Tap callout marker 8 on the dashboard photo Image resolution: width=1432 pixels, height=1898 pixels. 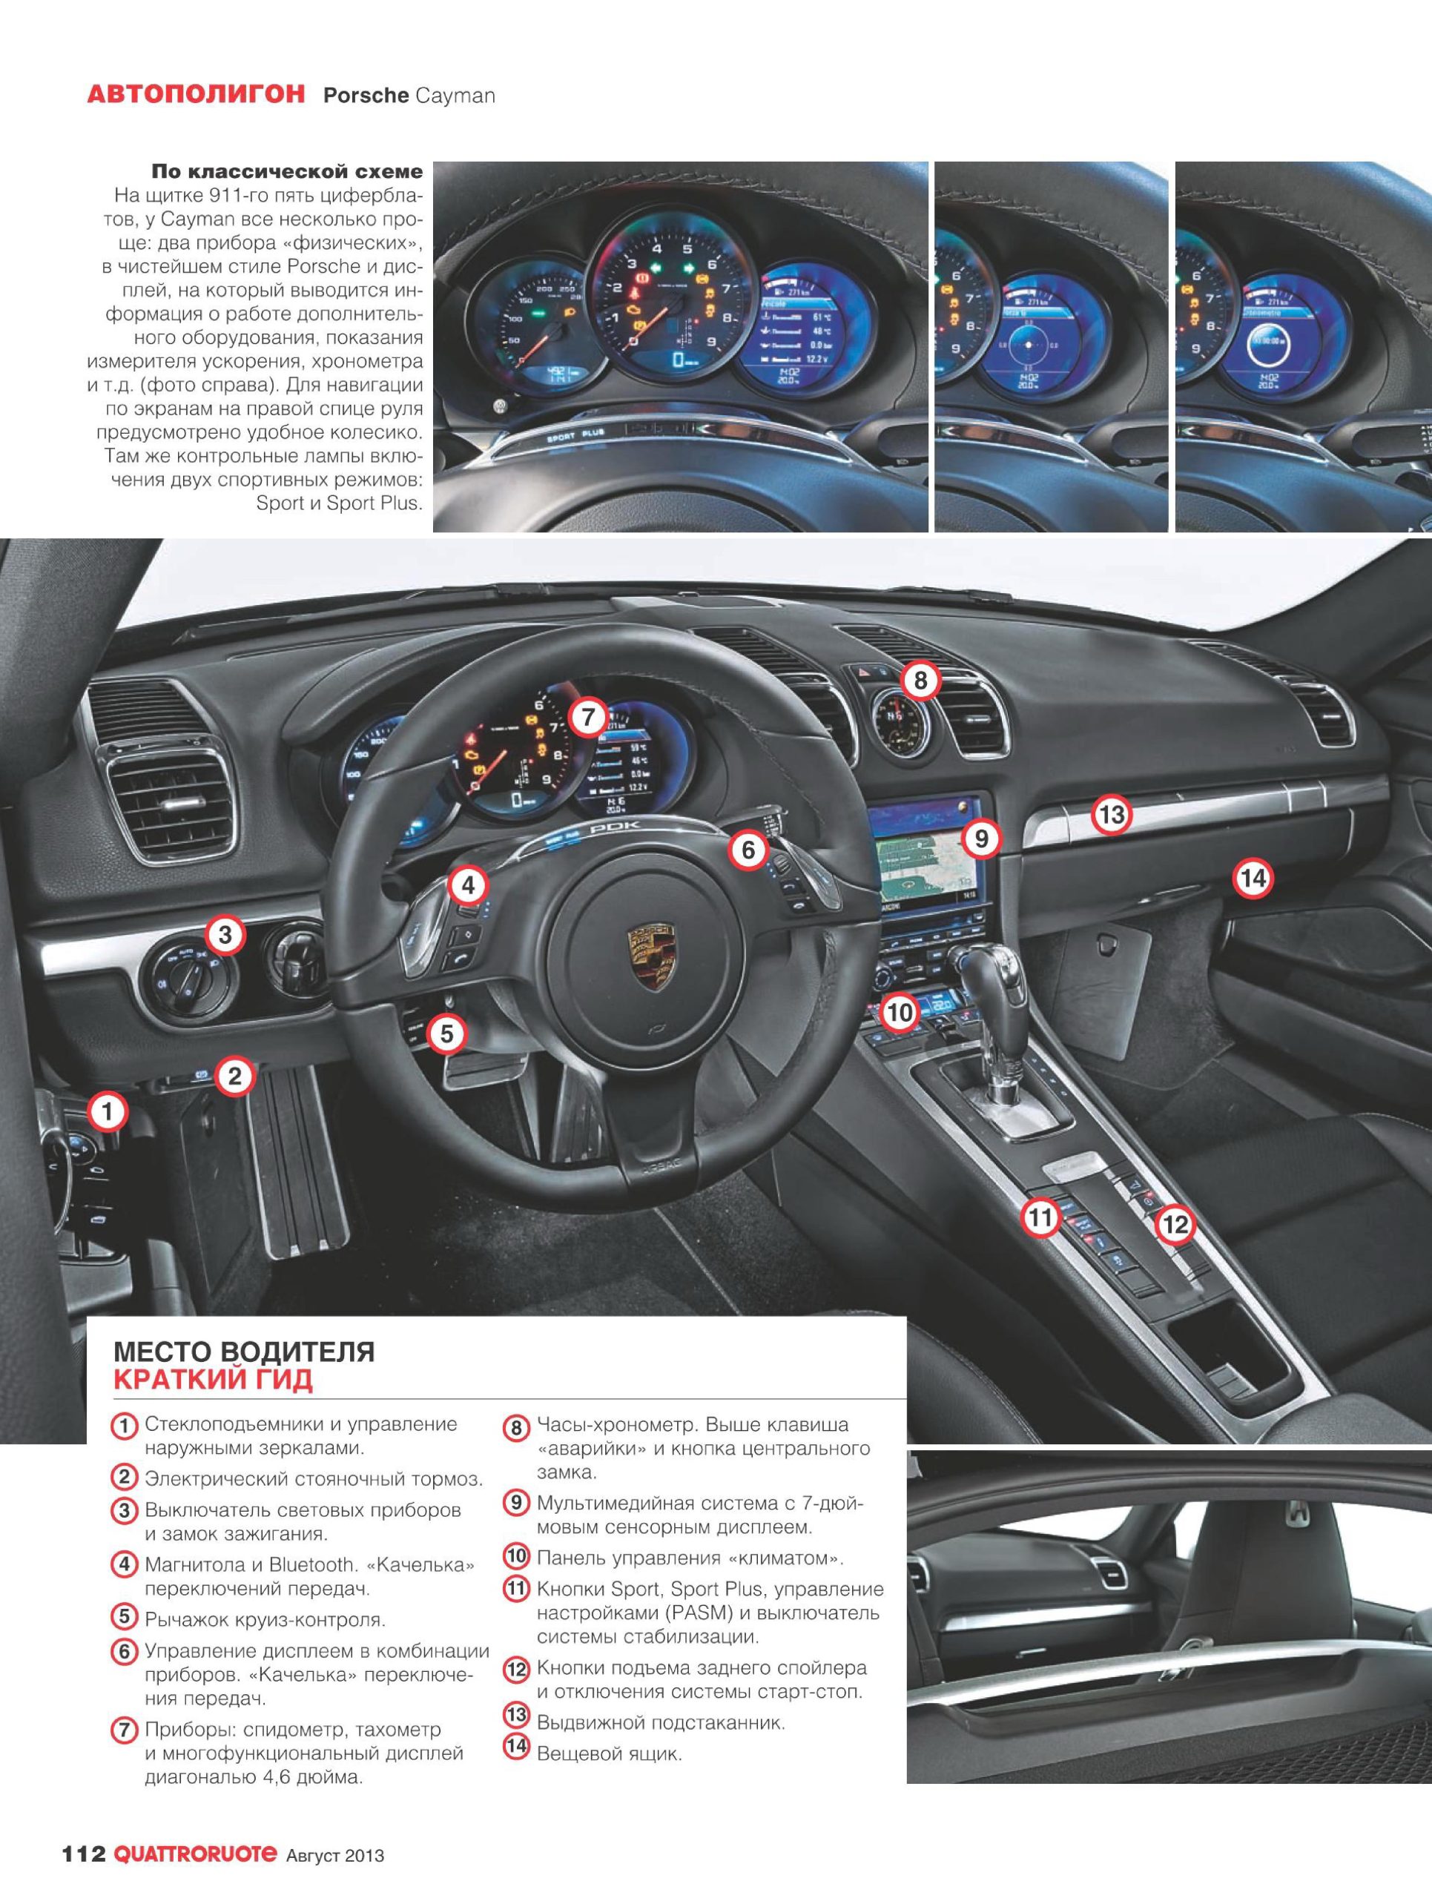pos(920,681)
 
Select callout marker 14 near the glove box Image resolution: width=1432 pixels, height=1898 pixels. pos(1253,879)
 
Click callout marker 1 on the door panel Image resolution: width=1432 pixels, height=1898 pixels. pos(108,1112)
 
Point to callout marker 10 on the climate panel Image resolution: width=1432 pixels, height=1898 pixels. pos(900,1013)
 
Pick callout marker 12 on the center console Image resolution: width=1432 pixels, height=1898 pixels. pos(1175,1225)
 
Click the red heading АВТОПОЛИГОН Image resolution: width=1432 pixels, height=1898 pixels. pos(196,94)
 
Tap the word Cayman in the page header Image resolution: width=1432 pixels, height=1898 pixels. pos(455,95)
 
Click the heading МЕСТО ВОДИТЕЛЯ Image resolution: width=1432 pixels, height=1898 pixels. pos(245,1352)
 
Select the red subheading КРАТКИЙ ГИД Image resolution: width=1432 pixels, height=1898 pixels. pos(213,1380)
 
